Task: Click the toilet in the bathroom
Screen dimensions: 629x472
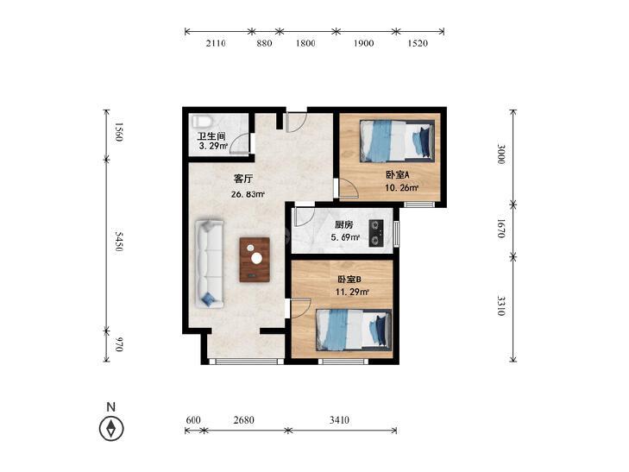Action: tap(200, 121)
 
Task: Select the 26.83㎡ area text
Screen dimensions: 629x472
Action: tap(248, 194)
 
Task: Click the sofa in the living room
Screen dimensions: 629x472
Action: tap(210, 264)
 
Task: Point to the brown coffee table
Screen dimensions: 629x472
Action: tap(255, 260)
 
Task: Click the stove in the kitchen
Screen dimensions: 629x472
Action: tap(376, 233)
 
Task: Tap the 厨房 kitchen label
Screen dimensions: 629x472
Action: tap(343, 225)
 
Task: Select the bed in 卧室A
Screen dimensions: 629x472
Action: tap(397, 141)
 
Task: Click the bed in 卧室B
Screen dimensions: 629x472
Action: tap(354, 330)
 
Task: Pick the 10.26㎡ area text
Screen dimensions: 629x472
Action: tap(402, 187)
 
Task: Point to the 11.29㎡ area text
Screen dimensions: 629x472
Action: tap(352, 292)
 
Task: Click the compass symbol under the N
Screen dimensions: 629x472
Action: tap(111, 428)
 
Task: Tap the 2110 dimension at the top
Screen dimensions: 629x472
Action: tap(216, 43)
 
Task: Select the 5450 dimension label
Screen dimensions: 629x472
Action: tap(118, 242)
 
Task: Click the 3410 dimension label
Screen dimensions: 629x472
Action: tap(339, 420)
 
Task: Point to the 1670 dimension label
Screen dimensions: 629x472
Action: tap(501, 228)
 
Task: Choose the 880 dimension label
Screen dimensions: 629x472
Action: tap(264, 43)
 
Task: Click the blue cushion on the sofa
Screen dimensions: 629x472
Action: tap(208, 299)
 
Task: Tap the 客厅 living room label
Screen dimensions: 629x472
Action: tap(243, 179)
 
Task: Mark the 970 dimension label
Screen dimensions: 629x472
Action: tap(118, 344)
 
